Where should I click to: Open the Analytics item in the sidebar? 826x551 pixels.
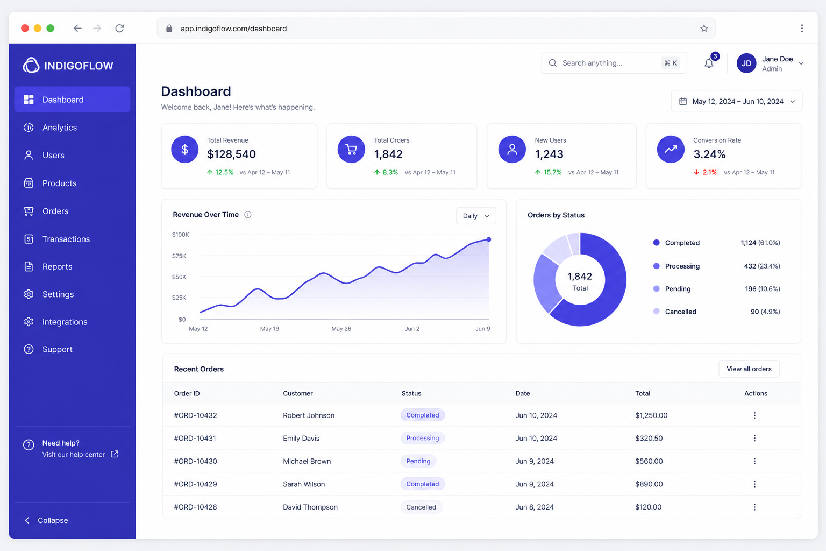tap(59, 128)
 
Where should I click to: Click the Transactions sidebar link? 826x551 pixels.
tap(66, 239)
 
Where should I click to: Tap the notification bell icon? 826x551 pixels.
tap(709, 63)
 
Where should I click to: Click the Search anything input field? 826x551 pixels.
tap(614, 63)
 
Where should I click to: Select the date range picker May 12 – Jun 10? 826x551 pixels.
tap(737, 102)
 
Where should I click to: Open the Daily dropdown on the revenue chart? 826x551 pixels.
tap(476, 216)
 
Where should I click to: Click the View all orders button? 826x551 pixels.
tap(749, 369)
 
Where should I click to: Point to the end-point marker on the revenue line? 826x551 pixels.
tap(489, 239)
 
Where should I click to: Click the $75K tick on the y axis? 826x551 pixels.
tap(179, 256)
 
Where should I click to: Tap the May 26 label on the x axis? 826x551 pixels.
tap(341, 328)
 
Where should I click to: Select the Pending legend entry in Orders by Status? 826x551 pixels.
tap(678, 288)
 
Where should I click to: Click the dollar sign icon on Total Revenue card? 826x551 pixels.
tap(185, 150)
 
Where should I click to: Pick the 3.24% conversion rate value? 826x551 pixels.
tap(709, 154)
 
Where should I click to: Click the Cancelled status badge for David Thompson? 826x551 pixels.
tap(421, 507)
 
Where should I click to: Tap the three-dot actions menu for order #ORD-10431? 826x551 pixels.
tap(755, 438)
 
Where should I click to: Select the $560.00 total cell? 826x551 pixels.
tap(649, 461)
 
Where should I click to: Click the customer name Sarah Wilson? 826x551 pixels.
tap(304, 484)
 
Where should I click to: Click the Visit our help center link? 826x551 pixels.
tap(73, 454)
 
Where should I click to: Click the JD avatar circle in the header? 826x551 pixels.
tap(746, 63)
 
